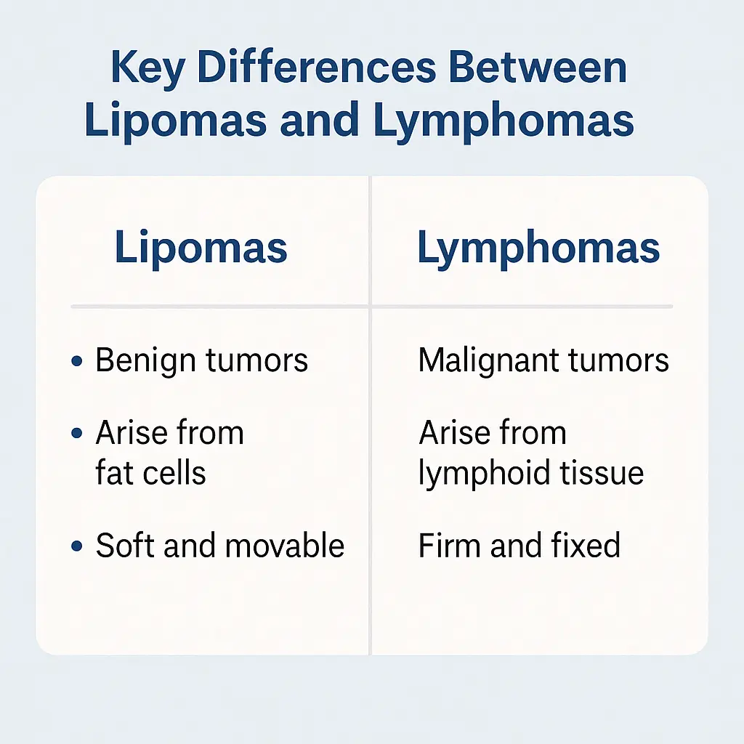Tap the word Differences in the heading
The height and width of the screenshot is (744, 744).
coord(316,69)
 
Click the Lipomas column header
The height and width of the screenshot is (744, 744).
coord(201,248)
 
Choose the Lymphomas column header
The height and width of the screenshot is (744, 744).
coord(538,248)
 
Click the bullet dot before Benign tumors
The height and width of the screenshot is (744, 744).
coord(77,360)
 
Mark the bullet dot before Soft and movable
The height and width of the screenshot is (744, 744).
coord(77,546)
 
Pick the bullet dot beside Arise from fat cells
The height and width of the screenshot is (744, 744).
coord(77,434)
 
